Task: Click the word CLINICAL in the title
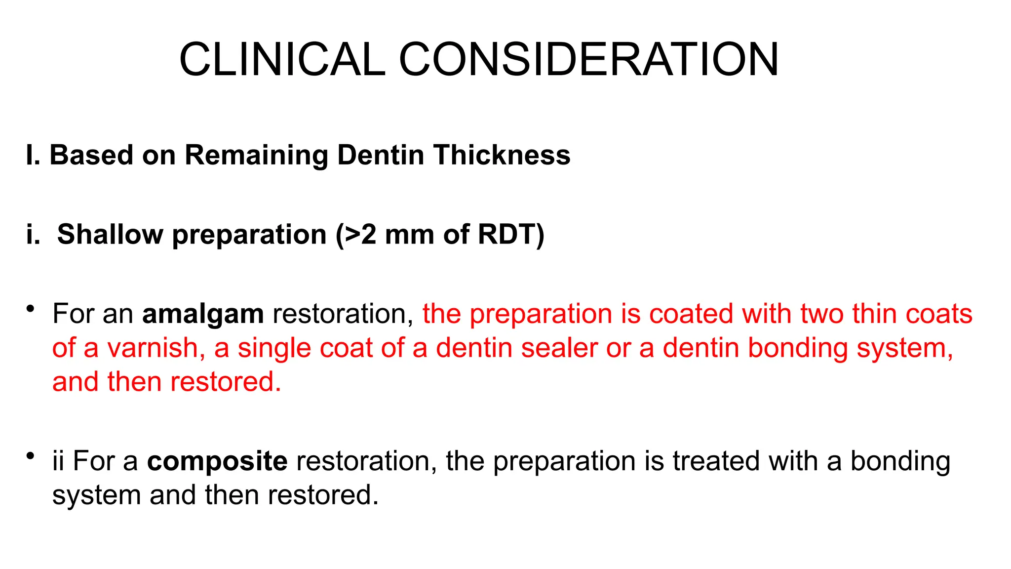tap(282, 59)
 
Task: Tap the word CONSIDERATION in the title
tap(588, 59)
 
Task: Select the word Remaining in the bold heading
tap(256, 155)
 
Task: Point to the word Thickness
tap(502, 155)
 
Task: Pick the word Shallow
tap(110, 234)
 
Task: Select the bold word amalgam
tap(203, 314)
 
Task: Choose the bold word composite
tap(217, 461)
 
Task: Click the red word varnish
tap(153, 348)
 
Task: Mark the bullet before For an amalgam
tap(31, 310)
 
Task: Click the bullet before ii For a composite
tap(31, 456)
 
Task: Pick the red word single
tap(274, 349)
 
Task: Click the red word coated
tap(691, 314)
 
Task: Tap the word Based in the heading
tap(92, 155)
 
